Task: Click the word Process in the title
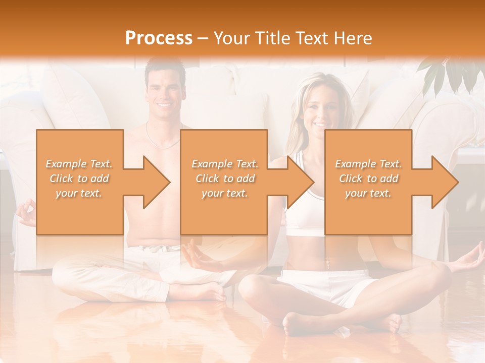159,38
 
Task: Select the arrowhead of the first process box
155,182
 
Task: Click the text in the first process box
79,178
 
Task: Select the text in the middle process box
224,178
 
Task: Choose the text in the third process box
368,178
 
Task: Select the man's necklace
163,136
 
